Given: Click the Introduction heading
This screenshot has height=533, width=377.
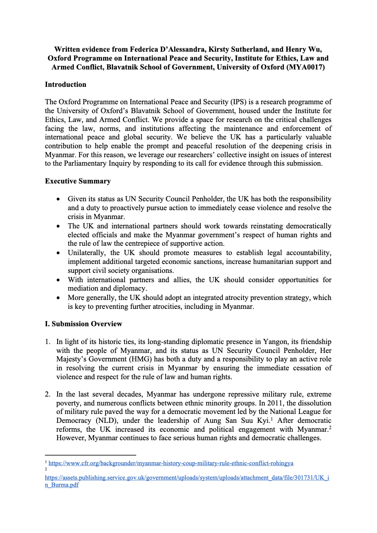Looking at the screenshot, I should [x=66, y=84].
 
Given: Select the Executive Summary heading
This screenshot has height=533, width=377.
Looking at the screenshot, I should [x=78, y=181].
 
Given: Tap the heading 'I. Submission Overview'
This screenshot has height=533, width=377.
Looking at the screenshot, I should [x=83, y=324].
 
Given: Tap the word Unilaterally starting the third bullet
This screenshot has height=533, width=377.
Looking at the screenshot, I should [x=87, y=253].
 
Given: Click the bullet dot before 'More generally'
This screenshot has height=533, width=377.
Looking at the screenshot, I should [x=58, y=297].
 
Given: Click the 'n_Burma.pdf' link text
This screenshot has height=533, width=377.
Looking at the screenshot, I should [x=62, y=485].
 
